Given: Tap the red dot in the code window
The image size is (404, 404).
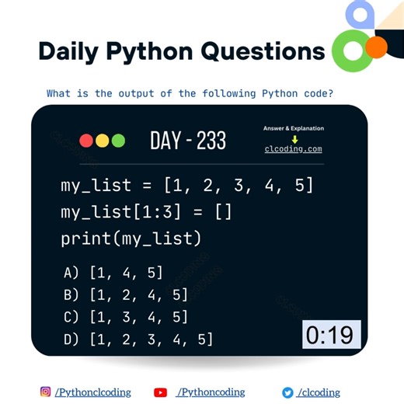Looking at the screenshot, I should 86,141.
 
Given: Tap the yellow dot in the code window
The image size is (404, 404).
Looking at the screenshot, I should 102,141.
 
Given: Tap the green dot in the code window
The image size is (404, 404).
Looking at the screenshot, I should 118,141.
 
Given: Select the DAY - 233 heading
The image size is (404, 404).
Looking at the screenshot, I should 188,141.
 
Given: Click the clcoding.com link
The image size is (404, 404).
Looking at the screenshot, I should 294,149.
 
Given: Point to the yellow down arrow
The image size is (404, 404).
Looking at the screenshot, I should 294,139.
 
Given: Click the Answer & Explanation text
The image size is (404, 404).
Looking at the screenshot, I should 294,128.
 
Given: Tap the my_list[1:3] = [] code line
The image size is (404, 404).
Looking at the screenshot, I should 146,211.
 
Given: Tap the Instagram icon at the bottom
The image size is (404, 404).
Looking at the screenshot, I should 46,392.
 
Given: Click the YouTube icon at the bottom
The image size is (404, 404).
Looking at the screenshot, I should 161,392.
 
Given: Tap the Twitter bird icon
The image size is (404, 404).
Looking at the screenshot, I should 287,392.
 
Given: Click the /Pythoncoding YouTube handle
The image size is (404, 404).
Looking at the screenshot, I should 210,392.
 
